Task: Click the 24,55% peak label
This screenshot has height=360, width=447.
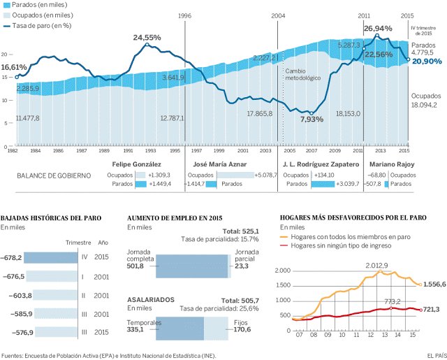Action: coord(147,37)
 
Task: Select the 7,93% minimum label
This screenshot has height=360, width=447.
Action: coord(312,119)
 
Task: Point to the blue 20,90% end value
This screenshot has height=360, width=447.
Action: coord(426,62)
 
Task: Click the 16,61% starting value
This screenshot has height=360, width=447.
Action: coord(14,67)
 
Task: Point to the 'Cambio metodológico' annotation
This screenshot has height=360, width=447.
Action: coord(302,74)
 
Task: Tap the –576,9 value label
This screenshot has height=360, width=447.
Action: coord(12,332)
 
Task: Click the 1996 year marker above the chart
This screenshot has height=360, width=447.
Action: coord(184,15)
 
